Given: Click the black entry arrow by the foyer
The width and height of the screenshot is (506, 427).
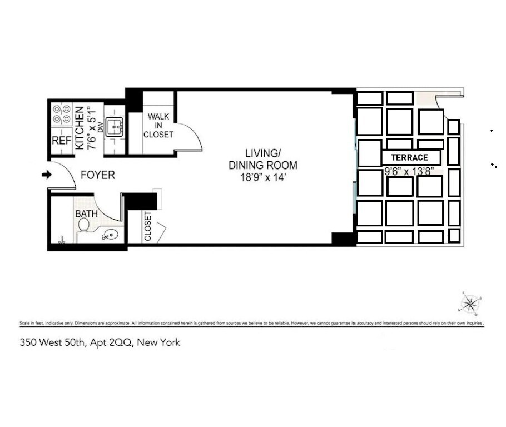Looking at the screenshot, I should pyautogui.click(x=47, y=175).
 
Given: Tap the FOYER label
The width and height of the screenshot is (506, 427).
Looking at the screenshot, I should pyautogui.click(x=98, y=175).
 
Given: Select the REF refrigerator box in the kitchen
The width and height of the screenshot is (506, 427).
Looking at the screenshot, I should pyautogui.click(x=61, y=141).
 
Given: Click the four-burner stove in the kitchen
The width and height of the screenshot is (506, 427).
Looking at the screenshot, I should pyautogui.click(x=61, y=114).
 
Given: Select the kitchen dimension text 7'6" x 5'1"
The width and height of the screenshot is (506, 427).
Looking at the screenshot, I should pyautogui.click(x=91, y=127).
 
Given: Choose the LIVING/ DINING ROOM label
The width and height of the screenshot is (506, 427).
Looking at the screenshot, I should pyautogui.click(x=263, y=159).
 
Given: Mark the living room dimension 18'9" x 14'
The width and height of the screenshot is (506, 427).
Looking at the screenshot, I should pyautogui.click(x=263, y=177).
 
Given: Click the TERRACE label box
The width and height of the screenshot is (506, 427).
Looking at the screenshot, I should pyautogui.click(x=411, y=157).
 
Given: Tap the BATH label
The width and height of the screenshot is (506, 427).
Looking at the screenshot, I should pyautogui.click(x=86, y=213).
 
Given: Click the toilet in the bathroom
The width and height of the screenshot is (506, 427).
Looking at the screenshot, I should pyautogui.click(x=84, y=226).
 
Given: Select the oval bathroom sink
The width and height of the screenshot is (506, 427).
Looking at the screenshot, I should pyautogui.click(x=110, y=236).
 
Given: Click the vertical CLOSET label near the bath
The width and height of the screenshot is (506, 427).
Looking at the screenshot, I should pyautogui.click(x=148, y=226).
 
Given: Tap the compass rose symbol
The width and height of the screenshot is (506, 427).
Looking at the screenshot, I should pyautogui.click(x=470, y=304).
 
